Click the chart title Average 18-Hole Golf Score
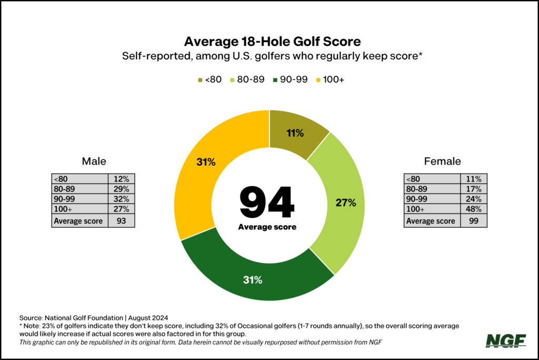tap(269, 41)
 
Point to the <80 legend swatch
tap(200, 80)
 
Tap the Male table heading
tap(94, 162)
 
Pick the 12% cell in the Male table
tap(121, 179)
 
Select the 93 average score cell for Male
tap(121, 221)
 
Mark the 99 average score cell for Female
tap(473, 221)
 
